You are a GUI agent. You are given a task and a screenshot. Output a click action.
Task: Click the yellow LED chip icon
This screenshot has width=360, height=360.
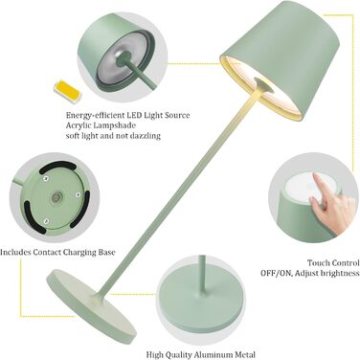[68, 92]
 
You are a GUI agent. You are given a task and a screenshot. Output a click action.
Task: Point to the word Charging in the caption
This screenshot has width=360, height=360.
[79, 253]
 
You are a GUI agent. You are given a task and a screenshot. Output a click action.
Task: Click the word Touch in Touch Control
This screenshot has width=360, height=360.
[318, 263]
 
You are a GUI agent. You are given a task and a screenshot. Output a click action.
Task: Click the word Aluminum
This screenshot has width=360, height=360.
[214, 354]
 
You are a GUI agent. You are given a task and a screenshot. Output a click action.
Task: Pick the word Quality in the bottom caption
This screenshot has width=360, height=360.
[179, 354]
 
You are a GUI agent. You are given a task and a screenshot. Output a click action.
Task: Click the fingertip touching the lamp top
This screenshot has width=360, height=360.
[316, 176]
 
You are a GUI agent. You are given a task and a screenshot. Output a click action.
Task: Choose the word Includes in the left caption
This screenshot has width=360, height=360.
[15, 253]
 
